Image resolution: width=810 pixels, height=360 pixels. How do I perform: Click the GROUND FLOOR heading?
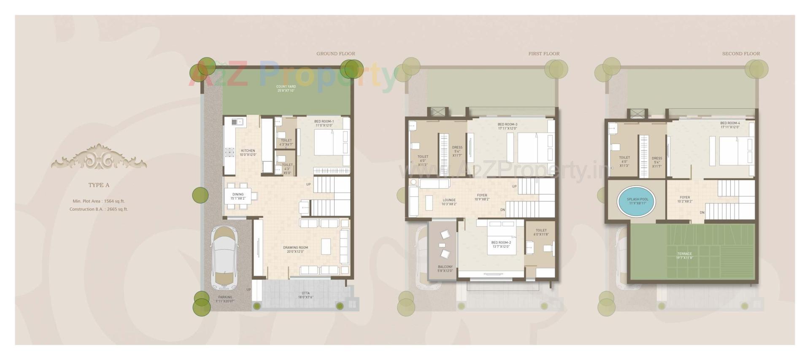click(335, 54)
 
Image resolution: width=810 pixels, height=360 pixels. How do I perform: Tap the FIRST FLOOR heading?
click(544, 54)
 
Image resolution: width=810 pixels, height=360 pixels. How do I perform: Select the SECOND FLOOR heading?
click(741, 54)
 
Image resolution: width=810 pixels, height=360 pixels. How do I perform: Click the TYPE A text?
click(99, 185)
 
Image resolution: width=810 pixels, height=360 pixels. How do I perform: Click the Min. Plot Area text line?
click(99, 201)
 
